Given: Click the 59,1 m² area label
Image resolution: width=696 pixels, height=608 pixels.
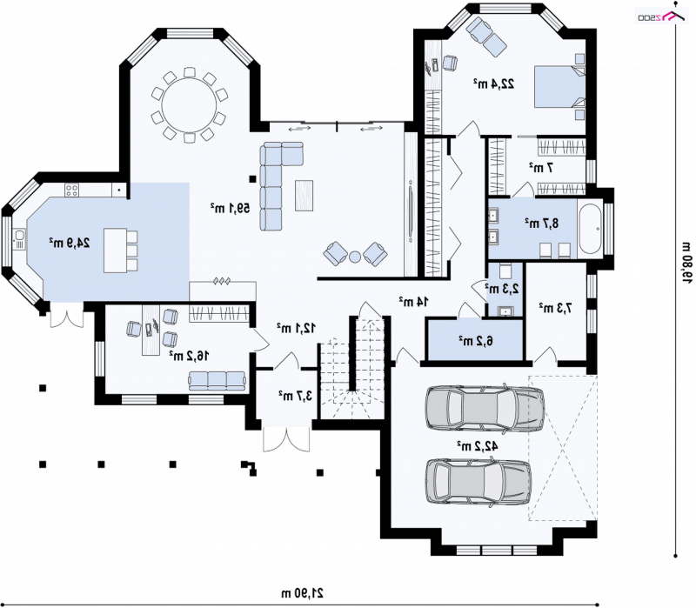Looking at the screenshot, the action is [x=230, y=208].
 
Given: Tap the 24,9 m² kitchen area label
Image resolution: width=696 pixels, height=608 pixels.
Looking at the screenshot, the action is [x=70, y=243].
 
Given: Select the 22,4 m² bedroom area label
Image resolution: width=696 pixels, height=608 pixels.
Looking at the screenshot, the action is [x=493, y=84].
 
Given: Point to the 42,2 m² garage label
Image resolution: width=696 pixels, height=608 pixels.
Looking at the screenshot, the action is [x=478, y=445].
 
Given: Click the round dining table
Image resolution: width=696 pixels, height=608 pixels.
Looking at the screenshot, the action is [x=189, y=106].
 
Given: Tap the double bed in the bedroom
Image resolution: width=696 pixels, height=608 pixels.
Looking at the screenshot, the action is [x=559, y=86].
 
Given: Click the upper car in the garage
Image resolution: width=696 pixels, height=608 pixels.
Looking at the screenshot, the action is [x=485, y=408].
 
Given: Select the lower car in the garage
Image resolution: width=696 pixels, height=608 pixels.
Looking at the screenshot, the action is [x=478, y=482].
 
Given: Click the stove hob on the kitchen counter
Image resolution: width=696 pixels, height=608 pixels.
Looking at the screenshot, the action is [x=72, y=190].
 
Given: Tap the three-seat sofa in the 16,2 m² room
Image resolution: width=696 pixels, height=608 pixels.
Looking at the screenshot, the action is [x=217, y=381].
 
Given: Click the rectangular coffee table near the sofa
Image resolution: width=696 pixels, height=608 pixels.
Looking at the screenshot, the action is [x=304, y=195].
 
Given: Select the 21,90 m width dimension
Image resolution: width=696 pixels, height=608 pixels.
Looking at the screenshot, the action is [x=302, y=593].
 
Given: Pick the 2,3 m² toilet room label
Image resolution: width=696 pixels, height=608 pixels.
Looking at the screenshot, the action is [x=502, y=289].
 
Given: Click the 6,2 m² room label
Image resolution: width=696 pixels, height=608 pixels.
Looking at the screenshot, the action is [x=476, y=341].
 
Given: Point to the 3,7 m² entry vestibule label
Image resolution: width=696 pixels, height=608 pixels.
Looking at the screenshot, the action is [x=295, y=395].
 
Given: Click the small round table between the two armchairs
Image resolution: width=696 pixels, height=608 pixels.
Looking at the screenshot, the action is [x=355, y=257].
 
